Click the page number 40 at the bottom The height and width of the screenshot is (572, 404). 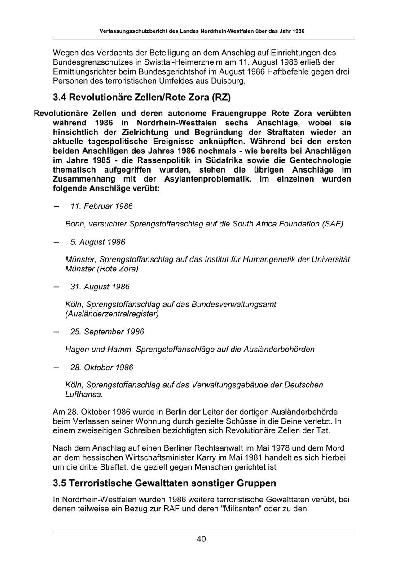[x=201, y=539]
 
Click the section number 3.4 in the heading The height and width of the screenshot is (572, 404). [x=60, y=98]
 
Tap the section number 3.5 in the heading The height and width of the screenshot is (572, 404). [x=60, y=483]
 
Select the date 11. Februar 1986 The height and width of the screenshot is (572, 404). [x=101, y=206]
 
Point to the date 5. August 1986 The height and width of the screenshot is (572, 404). [x=97, y=242]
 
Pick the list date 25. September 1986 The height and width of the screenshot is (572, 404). [x=107, y=332]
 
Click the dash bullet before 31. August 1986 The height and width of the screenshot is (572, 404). [x=56, y=286]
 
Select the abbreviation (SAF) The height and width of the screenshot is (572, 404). [x=333, y=224]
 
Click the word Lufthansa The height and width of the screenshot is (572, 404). [x=84, y=394]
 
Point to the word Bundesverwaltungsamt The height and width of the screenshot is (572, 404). [x=234, y=304]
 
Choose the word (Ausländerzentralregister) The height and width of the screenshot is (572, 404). [x=112, y=314]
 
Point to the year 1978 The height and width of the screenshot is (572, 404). [x=293, y=448]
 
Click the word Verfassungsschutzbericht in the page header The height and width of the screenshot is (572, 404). [x=132, y=31]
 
